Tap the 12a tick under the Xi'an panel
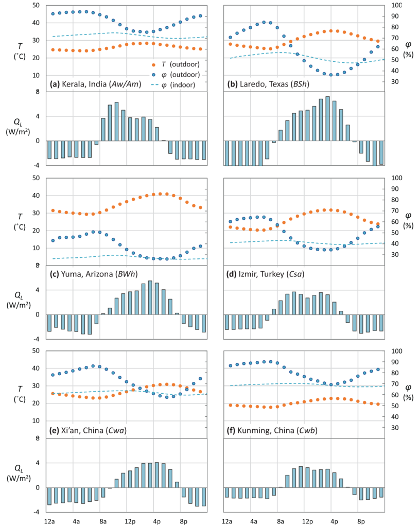(50, 520)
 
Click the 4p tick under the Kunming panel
(334, 520)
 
